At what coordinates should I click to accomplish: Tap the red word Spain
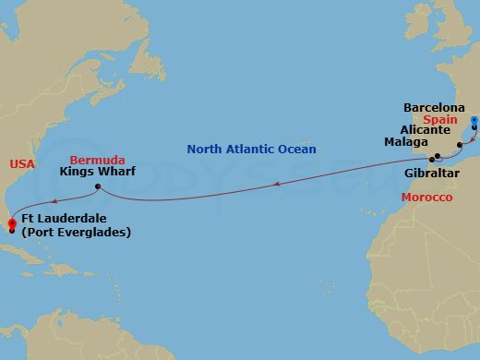pyautogui.click(x=443, y=120)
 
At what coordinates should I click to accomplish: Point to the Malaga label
pyautogui.click(x=406, y=143)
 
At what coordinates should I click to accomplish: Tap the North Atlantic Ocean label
pyautogui.click(x=251, y=149)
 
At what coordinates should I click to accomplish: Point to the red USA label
pyautogui.click(x=21, y=163)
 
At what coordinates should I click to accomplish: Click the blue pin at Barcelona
pyautogui.click(x=474, y=122)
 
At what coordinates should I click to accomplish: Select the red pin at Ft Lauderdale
pyautogui.click(x=11, y=222)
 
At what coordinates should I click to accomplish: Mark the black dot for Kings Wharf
pyautogui.click(x=96, y=187)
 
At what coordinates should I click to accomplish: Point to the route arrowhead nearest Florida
pyautogui.click(x=54, y=199)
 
